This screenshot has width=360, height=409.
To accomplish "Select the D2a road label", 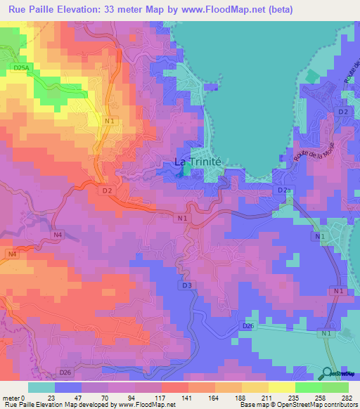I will click(283, 190).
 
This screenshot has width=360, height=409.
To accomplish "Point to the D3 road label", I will click(186, 285).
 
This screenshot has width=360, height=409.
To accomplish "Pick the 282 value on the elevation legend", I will click(344, 397).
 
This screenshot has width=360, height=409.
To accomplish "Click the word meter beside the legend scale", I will click(11, 397).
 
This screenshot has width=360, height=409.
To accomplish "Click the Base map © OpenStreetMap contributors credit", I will click(300, 405).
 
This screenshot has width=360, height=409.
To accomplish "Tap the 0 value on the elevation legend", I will click(25, 397).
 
